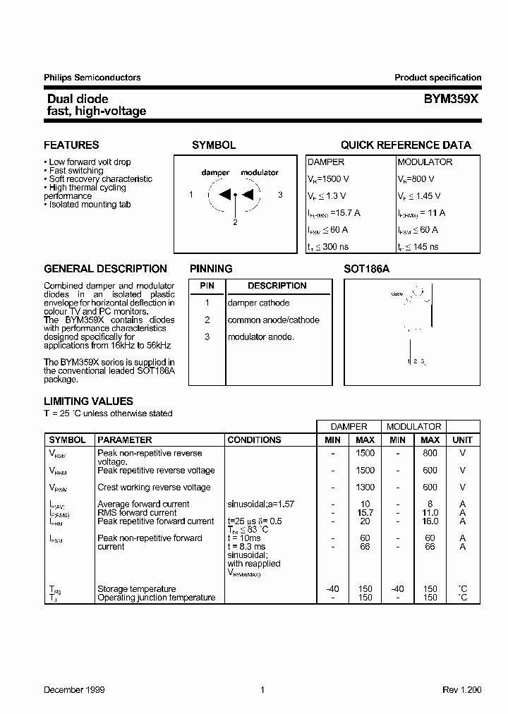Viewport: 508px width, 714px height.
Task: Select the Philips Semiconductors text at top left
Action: (92, 78)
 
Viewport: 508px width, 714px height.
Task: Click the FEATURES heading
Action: (71, 145)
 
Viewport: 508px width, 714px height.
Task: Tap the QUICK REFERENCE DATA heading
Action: (406, 145)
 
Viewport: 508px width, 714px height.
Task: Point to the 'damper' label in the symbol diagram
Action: (215, 172)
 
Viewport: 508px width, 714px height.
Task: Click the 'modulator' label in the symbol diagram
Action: (260, 172)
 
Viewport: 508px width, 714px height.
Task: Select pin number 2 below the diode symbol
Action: (235, 222)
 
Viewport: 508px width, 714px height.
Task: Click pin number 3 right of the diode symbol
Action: (280, 195)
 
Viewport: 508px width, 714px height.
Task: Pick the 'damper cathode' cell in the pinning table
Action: (258, 303)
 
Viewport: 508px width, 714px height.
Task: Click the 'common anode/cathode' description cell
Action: (273, 320)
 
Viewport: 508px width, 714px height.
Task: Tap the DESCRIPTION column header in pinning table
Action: (277, 286)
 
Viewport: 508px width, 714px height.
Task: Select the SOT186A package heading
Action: (366, 269)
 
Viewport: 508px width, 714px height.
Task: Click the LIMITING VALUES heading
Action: (88, 401)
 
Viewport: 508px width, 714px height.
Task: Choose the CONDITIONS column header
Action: (254, 440)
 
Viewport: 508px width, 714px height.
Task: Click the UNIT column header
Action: (462, 440)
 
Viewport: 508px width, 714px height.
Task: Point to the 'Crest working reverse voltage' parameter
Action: (154, 487)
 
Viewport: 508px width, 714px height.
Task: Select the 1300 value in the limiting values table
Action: (365, 487)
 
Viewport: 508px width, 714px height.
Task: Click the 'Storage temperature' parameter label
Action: (137, 589)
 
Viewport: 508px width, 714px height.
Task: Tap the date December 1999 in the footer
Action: (74, 689)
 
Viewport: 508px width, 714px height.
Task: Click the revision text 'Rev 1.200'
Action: (462, 689)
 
